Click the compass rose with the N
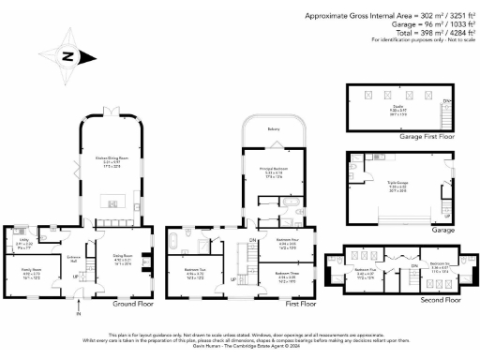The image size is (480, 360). pos(67,55)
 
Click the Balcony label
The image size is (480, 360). pos(273,127)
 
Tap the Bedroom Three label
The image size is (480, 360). pos(288,276)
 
